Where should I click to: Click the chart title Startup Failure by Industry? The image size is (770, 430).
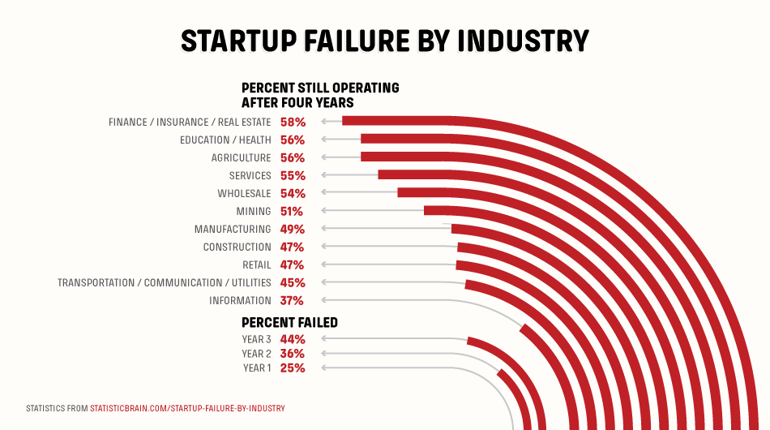[x=384, y=41]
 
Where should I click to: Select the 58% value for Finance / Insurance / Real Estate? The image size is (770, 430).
[x=293, y=123]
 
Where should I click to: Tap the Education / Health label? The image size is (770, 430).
[x=225, y=140]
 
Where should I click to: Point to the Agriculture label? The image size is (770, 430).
[x=241, y=158]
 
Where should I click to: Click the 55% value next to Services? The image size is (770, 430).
[x=293, y=176]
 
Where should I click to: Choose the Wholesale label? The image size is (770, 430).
[x=244, y=194]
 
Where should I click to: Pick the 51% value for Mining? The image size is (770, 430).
[x=292, y=212]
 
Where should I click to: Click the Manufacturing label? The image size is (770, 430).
[x=232, y=230]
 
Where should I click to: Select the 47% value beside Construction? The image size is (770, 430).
[x=293, y=247]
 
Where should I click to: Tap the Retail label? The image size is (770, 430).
[x=256, y=265]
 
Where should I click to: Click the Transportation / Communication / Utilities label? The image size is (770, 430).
[x=164, y=283]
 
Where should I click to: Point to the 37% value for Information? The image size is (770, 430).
[x=293, y=301]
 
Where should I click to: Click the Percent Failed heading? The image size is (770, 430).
[x=289, y=323]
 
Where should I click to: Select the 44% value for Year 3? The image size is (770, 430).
[x=293, y=340]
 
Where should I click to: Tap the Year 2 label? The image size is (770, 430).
[x=256, y=355]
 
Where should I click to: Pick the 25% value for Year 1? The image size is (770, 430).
[x=293, y=368]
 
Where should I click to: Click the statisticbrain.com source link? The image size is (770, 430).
[x=187, y=407]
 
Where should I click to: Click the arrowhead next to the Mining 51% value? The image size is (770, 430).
[x=323, y=212]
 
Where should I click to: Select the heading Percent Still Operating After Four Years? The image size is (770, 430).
[x=320, y=95]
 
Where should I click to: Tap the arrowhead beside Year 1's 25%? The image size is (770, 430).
[x=323, y=368]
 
